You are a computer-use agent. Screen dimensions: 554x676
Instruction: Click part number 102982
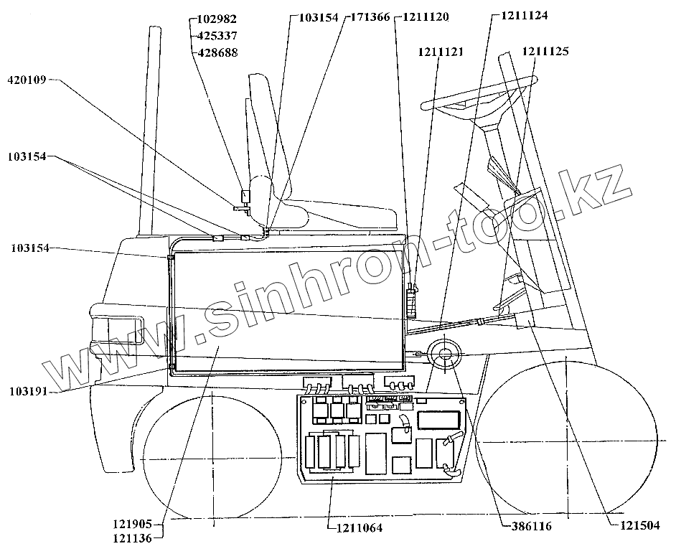(217, 19)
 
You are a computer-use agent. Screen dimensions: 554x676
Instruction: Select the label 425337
(217, 35)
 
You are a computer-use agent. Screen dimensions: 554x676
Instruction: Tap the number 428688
(217, 52)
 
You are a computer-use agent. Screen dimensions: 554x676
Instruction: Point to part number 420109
(27, 80)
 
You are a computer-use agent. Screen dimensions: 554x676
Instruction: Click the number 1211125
(545, 52)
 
